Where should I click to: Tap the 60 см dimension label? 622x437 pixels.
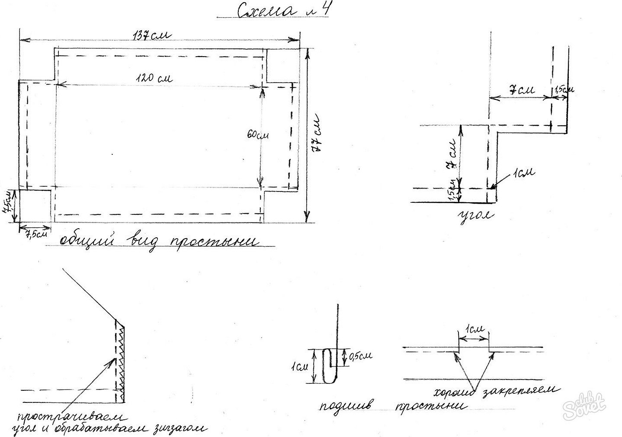pos(258,135)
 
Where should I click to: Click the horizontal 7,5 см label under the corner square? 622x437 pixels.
pos(36,234)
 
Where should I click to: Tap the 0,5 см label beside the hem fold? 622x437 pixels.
pos(360,356)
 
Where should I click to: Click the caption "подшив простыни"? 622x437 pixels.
pos(392,407)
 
